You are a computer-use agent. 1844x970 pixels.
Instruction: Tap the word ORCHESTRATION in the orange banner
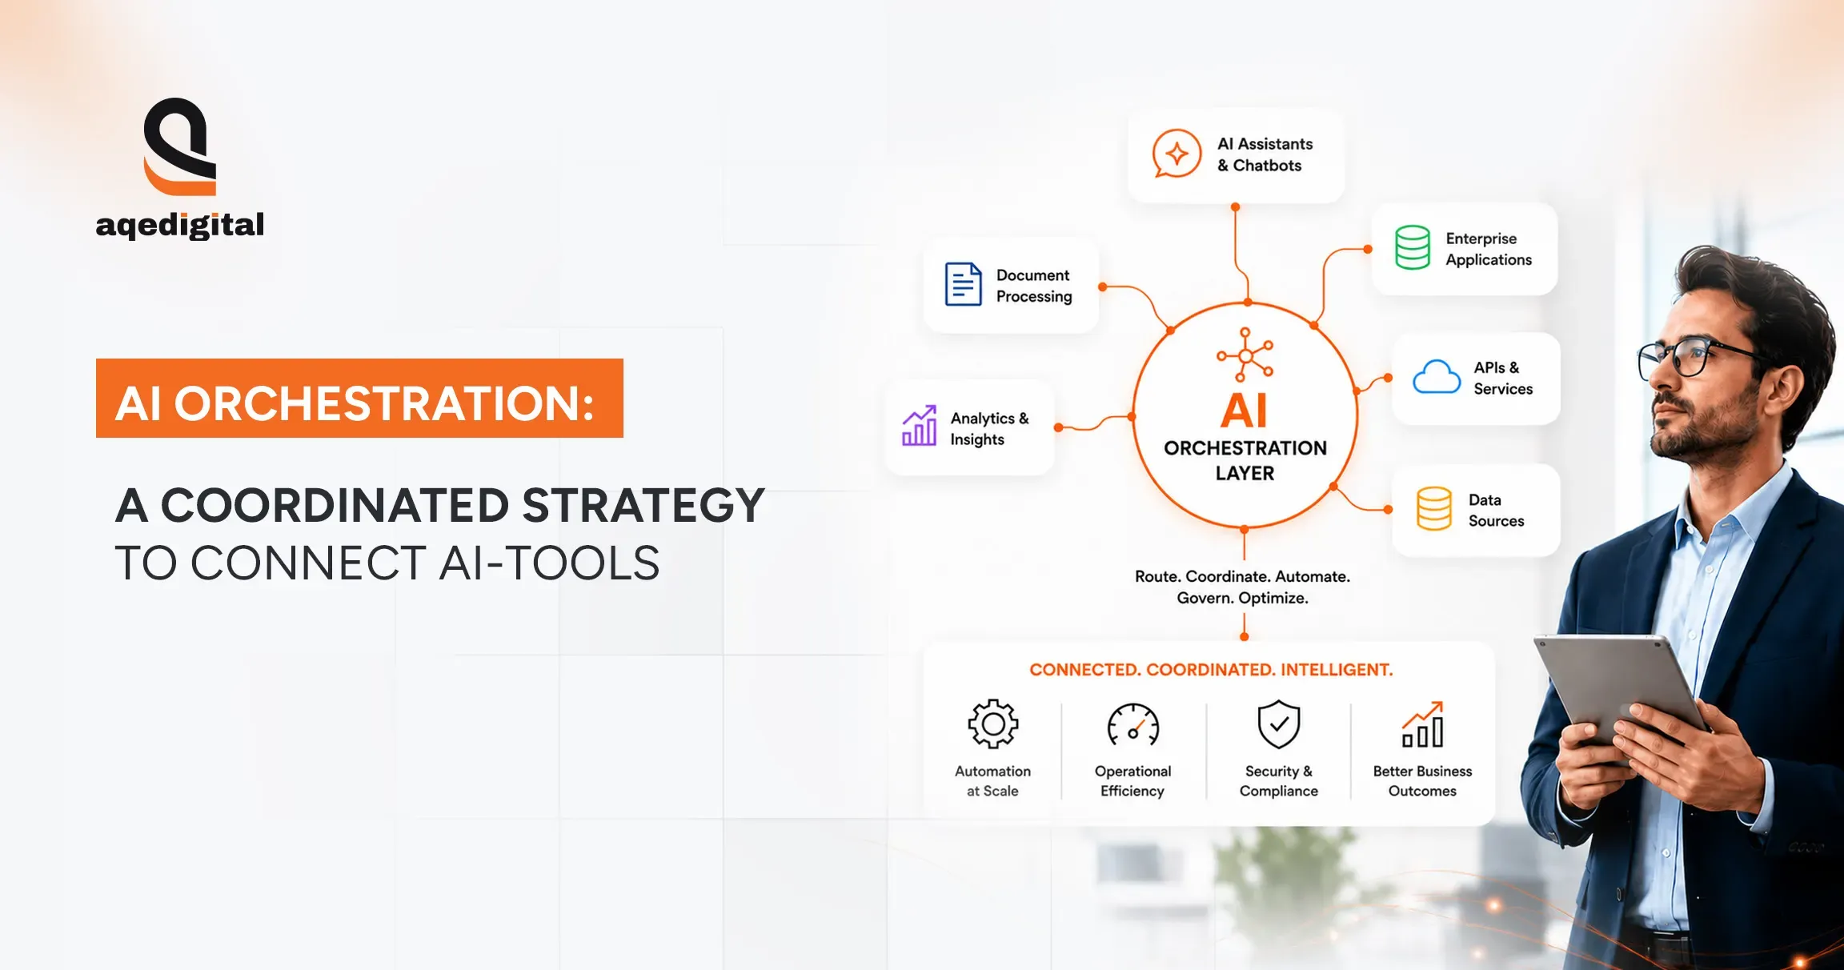(x=383, y=403)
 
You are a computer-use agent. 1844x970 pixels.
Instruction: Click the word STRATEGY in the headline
(x=643, y=506)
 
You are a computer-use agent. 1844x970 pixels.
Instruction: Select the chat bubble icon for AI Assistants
(x=1177, y=153)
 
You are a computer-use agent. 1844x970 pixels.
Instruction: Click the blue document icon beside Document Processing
(x=963, y=284)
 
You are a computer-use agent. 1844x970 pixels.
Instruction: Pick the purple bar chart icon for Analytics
(x=919, y=426)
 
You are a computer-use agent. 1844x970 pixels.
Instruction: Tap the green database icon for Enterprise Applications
(x=1413, y=247)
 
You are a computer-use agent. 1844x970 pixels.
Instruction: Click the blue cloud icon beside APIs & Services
(x=1437, y=377)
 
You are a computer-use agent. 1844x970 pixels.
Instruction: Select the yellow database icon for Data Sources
(x=1433, y=509)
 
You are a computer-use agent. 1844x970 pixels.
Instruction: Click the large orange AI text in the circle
(x=1245, y=411)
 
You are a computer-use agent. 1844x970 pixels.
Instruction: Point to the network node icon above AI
(x=1245, y=355)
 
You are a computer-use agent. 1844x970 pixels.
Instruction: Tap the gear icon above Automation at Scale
(x=993, y=724)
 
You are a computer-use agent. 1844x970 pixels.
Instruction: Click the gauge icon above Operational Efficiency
(x=1133, y=725)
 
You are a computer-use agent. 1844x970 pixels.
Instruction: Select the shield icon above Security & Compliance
(x=1279, y=724)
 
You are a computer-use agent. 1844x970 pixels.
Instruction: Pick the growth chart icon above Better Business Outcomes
(x=1423, y=724)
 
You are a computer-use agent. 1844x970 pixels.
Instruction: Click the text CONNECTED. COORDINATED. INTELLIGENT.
(x=1211, y=670)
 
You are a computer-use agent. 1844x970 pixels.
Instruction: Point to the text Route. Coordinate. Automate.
(x=1242, y=576)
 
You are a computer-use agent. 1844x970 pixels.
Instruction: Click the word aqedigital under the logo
(x=180, y=226)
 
